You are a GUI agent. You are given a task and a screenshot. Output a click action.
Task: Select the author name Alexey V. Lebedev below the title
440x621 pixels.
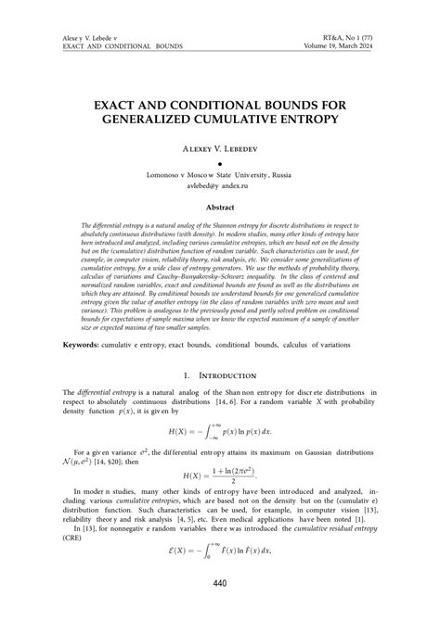[x=219, y=147]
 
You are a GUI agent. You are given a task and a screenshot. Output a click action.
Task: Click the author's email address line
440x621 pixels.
[x=219, y=185]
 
